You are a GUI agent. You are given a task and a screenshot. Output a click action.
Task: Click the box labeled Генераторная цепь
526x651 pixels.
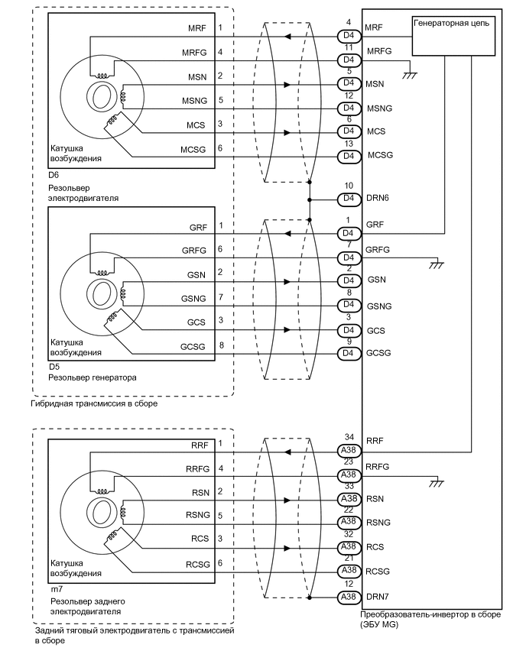pyautogui.click(x=453, y=36)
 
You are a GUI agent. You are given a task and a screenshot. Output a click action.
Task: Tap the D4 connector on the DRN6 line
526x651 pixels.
pyautogui.click(x=349, y=199)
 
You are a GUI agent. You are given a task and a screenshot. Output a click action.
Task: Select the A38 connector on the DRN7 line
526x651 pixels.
pyautogui.click(x=349, y=597)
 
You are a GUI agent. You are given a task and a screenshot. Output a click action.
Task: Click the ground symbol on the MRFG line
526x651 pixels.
pyautogui.click(x=410, y=76)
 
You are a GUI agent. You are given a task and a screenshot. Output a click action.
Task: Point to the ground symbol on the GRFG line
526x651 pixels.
pyautogui.click(x=437, y=264)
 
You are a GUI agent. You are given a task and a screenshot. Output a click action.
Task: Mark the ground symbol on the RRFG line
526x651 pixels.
pyautogui.click(x=437, y=483)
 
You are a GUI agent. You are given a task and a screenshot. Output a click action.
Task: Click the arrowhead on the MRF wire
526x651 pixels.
pyautogui.click(x=287, y=37)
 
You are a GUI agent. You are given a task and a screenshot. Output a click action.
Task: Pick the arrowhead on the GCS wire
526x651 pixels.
pyautogui.click(x=287, y=330)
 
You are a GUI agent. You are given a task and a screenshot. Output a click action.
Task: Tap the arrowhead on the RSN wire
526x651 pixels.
pyautogui.click(x=287, y=500)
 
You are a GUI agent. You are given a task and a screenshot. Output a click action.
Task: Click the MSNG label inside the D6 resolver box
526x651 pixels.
pyautogui.click(x=194, y=101)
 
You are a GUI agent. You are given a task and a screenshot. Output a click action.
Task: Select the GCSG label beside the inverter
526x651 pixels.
pyautogui.click(x=378, y=353)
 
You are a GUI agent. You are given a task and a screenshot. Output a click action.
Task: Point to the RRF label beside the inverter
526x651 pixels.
pyautogui.click(x=375, y=441)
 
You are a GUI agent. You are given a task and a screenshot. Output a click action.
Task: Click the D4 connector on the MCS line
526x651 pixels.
pyautogui.click(x=349, y=132)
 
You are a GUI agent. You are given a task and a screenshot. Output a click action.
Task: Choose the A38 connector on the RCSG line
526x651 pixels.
pyautogui.click(x=349, y=572)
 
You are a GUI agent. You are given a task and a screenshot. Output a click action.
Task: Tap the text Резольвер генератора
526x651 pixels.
pyautogui.click(x=93, y=377)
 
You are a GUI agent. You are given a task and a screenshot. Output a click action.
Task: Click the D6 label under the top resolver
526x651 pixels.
pyautogui.click(x=54, y=175)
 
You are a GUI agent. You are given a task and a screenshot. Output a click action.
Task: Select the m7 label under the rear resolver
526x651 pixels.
pyautogui.click(x=57, y=589)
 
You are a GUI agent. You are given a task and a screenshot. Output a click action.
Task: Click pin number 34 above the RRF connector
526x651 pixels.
pyautogui.click(x=349, y=437)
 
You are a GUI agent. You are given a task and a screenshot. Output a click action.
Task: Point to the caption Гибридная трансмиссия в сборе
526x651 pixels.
pyautogui.click(x=94, y=403)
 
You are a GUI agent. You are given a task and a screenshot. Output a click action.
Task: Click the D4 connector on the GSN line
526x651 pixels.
pyautogui.click(x=349, y=281)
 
